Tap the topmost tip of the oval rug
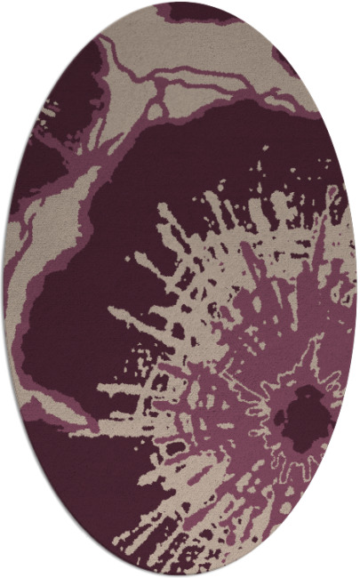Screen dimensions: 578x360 (x=180, y=3)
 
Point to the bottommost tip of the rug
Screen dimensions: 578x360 (x=180, y=575)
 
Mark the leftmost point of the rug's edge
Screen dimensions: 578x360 (x=4, y=289)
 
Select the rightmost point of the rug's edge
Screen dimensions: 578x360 (x=356, y=289)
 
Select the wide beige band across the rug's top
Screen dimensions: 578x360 (x=222, y=53)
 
